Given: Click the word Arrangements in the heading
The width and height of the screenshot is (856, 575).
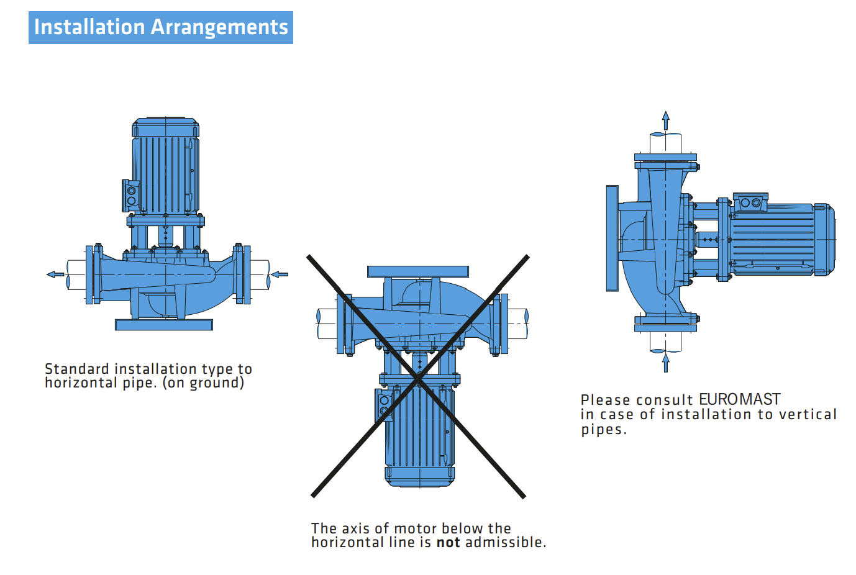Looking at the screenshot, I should pyautogui.click(x=219, y=27).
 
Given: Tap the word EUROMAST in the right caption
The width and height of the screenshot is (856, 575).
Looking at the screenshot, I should pyautogui.click(x=739, y=399).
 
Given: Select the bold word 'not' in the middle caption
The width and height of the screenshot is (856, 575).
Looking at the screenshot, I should pyautogui.click(x=448, y=543).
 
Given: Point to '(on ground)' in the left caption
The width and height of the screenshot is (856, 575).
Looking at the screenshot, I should pyautogui.click(x=203, y=383).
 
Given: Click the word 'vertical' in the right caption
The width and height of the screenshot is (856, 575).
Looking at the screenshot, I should pyautogui.click(x=808, y=414).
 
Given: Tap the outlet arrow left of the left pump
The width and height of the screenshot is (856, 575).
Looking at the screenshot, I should pyautogui.click(x=55, y=274).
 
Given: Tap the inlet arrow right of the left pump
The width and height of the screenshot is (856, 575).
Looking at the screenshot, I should pyautogui.click(x=280, y=274).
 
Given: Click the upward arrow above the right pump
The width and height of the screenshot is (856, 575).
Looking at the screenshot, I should pyautogui.click(x=666, y=120).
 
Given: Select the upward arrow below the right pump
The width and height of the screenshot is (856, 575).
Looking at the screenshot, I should pyautogui.click(x=666, y=363).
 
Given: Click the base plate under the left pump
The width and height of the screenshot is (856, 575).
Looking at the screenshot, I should pyautogui.click(x=164, y=325).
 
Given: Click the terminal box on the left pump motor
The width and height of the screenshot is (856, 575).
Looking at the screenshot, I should pyautogui.click(x=130, y=196).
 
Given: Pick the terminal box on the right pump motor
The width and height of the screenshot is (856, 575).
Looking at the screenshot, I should pyautogui.click(x=750, y=202).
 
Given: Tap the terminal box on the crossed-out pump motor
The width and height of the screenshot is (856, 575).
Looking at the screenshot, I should pyautogui.click(x=383, y=405).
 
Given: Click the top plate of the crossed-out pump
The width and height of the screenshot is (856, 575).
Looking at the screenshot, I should pyautogui.click(x=417, y=271).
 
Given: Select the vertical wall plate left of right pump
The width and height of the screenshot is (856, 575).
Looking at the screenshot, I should pyautogui.click(x=612, y=238).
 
